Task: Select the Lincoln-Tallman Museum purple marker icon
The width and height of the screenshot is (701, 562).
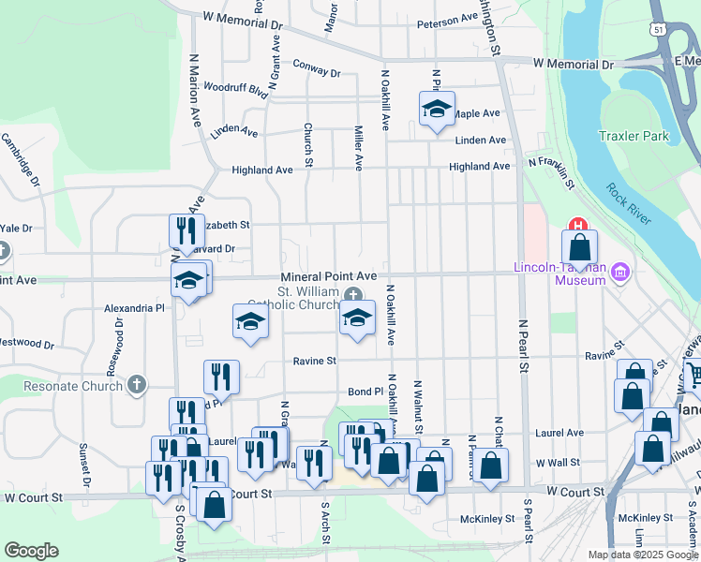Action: pyautogui.click(x=619, y=273)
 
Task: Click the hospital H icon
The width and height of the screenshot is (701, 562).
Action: pyautogui.click(x=577, y=227)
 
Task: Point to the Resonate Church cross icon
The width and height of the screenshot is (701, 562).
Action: pyautogui.click(x=137, y=384)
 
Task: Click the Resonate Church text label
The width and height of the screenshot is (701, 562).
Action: pyautogui.click(x=75, y=385)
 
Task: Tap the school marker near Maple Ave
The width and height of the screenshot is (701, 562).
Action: pyautogui.click(x=437, y=111)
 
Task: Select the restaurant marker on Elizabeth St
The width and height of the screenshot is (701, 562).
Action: pyautogui.click(x=186, y=231)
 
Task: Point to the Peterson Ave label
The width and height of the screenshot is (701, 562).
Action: pyautogui.click(x=448, y=21)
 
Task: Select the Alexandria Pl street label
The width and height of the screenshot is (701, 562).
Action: pyautogui.click(x=134, y=307)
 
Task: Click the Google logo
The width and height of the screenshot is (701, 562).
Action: pyautogui.click(x=32, y=550)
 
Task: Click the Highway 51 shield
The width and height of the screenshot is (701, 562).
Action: pyautogui.click(x=660, y=31)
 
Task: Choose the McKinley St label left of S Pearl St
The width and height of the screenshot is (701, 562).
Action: pyautogui.click(x=488, y=518)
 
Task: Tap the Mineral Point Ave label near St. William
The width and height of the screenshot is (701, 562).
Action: pyautogui.click(x=329, y=276)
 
